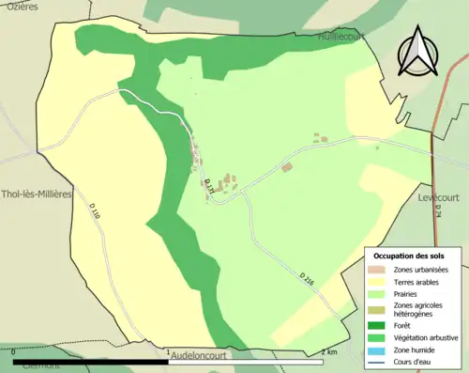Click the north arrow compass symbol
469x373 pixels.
click(417, 53)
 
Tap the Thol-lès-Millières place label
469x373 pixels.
click(37, 194)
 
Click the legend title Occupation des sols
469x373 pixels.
click(409, 256)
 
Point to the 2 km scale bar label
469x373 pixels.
click(329, 351)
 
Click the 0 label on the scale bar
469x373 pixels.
click(13, 351)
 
